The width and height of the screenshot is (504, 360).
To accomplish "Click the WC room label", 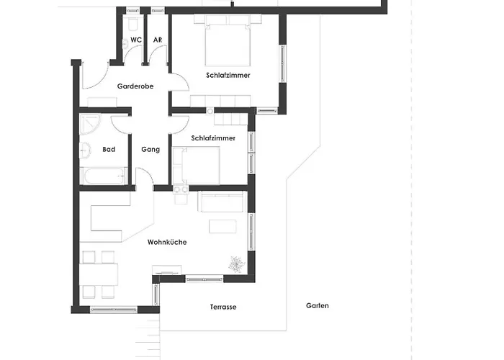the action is [136, 40].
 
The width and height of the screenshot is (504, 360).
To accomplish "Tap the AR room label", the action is [158, 40].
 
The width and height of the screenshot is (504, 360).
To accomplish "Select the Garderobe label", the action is [135, 86].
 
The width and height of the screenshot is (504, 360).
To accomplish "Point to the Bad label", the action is [109, 149].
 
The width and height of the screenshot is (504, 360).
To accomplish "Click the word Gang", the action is [150, 150].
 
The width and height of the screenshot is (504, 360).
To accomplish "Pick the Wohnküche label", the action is [167, 242].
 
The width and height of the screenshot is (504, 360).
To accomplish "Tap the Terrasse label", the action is [223, 307].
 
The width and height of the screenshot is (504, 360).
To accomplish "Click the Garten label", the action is [318, 306].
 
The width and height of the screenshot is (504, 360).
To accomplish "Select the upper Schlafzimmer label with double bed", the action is [228, 75].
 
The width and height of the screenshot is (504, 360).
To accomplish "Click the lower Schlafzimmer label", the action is [213, 138].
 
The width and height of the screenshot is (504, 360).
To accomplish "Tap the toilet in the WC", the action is [132, 24].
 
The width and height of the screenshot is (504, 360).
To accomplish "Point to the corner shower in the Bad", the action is [90, 125].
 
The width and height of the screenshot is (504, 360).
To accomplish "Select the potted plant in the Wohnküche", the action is [237, 264].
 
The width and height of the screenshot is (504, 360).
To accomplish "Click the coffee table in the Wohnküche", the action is [222, 226].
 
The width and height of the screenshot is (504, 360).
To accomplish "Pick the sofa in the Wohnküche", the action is [222, 202].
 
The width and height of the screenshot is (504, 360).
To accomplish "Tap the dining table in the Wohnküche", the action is [99, 274].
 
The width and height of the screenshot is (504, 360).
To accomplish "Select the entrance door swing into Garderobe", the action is [95, 76].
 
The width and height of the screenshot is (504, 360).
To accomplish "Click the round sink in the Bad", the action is [85, 150].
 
